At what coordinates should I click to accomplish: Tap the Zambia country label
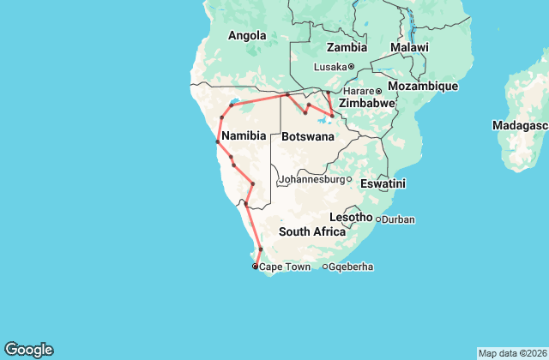[347, 48]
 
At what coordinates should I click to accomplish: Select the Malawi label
[408, 47]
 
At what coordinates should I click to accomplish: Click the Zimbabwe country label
[366, 103]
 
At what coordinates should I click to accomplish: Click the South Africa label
[311, 232]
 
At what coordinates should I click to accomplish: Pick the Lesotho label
[351, 218]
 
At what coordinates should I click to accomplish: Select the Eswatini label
[383, 183]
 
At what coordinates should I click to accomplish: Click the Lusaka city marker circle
[352, 66]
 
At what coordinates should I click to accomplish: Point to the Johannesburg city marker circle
[349, 179]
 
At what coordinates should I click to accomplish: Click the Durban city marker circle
[378, 219]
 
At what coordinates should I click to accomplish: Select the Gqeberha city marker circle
[325, 267]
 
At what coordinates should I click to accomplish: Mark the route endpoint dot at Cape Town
[255, 267]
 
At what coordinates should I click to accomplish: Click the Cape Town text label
[283, 267]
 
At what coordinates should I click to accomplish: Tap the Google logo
[28, 349]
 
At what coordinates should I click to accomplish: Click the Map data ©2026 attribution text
[511, 353]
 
